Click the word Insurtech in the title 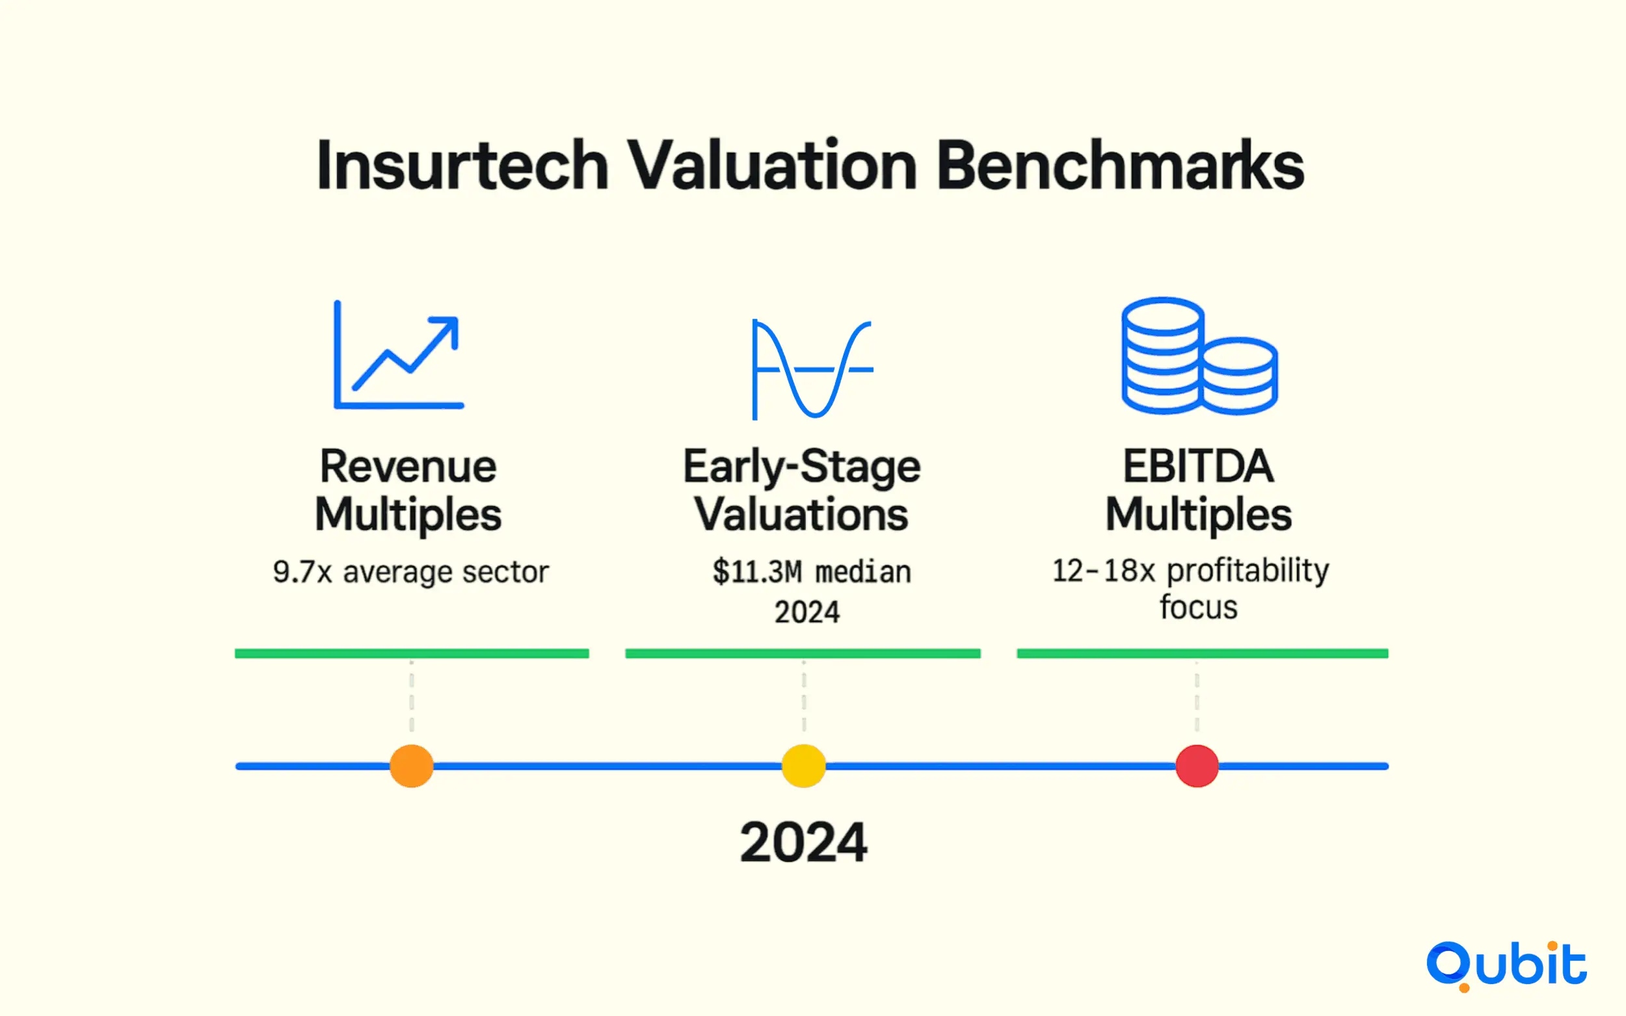click(462, 165)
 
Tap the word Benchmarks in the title click(1120, 165)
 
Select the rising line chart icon click(399, 354)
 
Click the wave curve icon click(812, 369)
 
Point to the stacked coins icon click(1199, 356)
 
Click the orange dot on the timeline click(411, 765)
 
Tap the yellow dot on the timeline click(803, 765)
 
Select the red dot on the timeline click(1197, 765)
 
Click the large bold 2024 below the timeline click(803, 841)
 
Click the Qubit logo click(1506, 965)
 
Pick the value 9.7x click(302, 572)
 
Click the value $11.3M click(758, 572)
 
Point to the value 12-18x click(1103, 571)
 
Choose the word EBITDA click(1199, 465)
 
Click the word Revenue click(408, 465)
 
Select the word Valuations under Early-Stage click(801, 514)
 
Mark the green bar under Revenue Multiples click(411, 653)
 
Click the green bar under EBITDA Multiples click(1202, 653)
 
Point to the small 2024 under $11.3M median click(806, 612)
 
